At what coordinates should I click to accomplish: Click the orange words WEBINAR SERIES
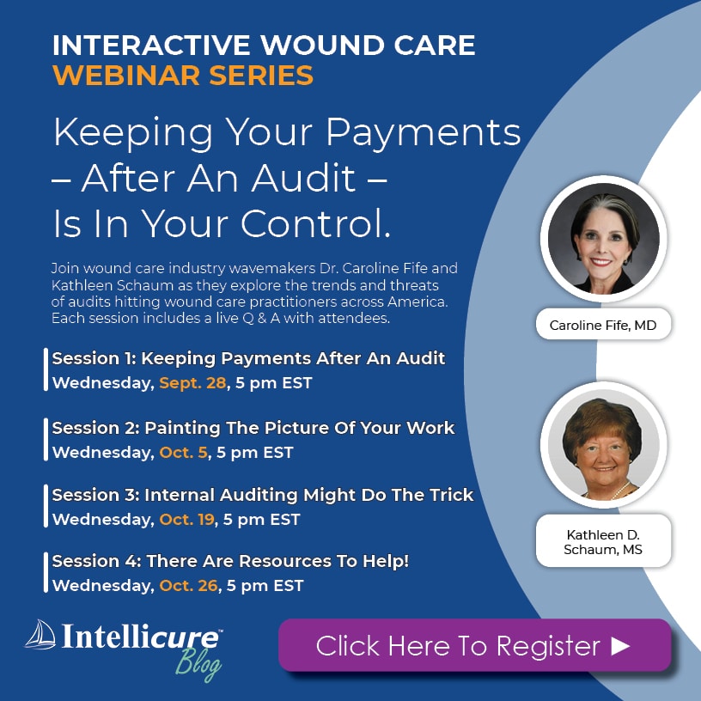point(183,75)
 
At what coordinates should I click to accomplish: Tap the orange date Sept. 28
point(192,383)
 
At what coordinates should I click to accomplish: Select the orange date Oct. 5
point(183,453)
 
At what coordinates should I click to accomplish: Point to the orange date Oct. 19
point(187,520)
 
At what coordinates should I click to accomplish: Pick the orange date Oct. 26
point(188,586)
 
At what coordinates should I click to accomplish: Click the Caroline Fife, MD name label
point(603,325)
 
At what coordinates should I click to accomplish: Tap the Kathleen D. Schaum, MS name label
point(603,542)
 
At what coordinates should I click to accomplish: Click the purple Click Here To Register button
point(474,645)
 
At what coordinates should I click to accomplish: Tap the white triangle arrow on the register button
point(620,645)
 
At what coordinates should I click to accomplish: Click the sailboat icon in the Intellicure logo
point(40,634)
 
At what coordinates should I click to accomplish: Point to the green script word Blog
point(198,663)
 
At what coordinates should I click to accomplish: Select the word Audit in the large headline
point(303,179)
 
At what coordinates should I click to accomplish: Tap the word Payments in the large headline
point(424,133)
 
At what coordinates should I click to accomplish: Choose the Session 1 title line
point(248,358)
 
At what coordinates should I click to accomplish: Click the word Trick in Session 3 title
point(452,495)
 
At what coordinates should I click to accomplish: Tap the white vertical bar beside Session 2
point(46,439)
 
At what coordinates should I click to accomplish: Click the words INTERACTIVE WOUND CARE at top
point(264,46)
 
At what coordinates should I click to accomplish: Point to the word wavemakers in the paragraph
point(271,268)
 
